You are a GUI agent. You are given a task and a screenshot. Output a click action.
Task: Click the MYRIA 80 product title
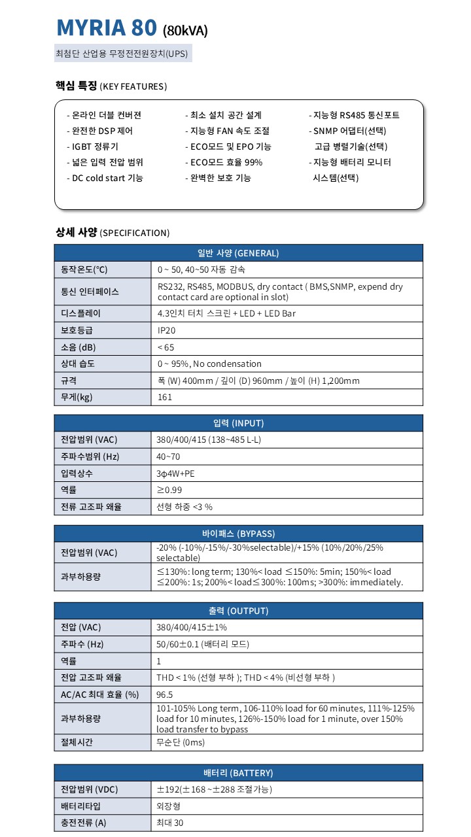(107, 27)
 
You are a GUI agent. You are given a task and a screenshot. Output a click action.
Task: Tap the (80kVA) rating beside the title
(185, 30)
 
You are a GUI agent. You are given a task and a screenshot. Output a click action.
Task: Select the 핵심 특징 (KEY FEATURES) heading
(111, 86)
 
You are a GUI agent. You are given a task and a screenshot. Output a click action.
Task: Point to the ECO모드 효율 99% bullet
(224, 162)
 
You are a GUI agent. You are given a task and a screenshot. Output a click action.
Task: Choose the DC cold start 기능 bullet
(105, 178)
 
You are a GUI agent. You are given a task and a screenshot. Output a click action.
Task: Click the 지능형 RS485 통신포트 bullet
(354, 115)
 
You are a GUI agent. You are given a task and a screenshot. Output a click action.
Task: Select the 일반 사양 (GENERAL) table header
(238, 253)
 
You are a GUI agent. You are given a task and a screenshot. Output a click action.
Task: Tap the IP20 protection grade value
(166, 330)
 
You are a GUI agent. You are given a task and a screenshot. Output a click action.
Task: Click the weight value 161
(165, 397)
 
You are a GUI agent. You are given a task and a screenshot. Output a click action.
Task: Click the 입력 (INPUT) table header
(238, 423)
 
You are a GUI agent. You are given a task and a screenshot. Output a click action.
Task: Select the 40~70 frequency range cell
(168, 456)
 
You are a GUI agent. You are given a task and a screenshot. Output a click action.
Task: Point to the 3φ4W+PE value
(175, 473)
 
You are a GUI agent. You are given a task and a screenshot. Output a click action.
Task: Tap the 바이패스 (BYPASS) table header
(238, 533)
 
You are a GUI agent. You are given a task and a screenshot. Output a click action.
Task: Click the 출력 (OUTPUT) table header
(238, 611)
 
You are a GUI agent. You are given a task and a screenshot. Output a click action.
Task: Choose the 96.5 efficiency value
(165, 694)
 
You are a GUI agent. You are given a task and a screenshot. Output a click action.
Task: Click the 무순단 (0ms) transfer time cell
(181, 742)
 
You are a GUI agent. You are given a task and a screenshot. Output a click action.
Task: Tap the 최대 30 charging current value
(170, 823)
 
